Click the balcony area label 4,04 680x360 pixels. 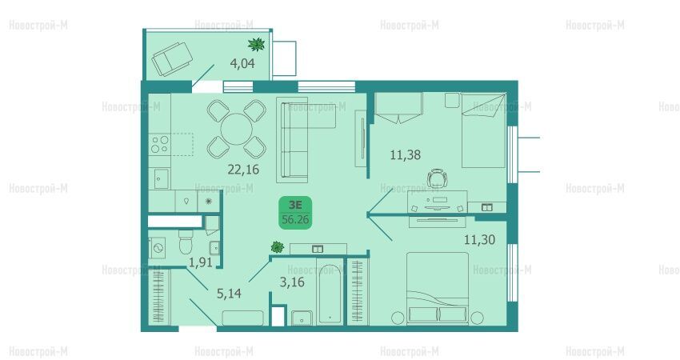pyautogui.click(x=242, y=64)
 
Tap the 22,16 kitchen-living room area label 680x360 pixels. pyautogui.click(x=243, y=169)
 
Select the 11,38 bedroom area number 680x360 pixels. pyautogui.click(x=405, y=155)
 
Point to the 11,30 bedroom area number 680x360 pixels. pyautogui.click(x=479, y=239)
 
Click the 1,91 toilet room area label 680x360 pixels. pyautogui.click(x=200, y=262)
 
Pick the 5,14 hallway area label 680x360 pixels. pyautogui.click(x=229, y=294)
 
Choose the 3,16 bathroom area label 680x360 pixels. pyautogui.click(x=292, y=282)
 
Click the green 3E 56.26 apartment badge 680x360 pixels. pyautogui.click(x=295, y=213)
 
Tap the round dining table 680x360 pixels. pyautogui.click(x=236, y=129)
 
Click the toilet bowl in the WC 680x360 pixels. pyautogui.click(x=186, y=242)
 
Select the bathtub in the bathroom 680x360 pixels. pyautogui.click(x=330, y=294)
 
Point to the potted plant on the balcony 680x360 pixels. pyautogui.click(x=256, y=44)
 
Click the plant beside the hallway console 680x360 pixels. pyautogui.click(x=277, y=247)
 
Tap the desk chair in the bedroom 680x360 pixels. pyautogui.click(x=437, y=178)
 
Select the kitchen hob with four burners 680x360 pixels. pyautogui.click(x=159, y=145)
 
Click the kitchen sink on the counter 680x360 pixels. pyautogui.click(x=161, y=179)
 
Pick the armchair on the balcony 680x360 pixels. pyautogui.click(x=172, y=59)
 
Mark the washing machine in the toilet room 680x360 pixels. pyautogui.click(x=157, y=248)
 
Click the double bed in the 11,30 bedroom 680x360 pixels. pyautogui.click(x=437, y=289)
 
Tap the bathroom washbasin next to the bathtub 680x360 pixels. pyautogui.click(x=302, y=318)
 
